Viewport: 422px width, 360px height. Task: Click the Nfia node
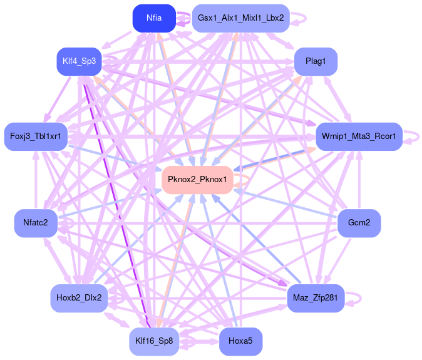click(x=153, y=18)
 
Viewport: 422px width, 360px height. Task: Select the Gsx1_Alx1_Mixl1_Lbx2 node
click(x=240, y=18)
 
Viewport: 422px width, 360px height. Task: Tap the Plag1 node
click(x=316, y=61)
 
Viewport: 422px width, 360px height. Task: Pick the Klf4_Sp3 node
click(x=79, y=61)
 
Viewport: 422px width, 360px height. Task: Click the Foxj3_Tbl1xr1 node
click(x=36, y=136)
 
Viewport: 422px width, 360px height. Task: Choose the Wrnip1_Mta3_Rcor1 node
click(x=359, y=136)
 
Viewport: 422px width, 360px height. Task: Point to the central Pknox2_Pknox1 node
click(x=197, y=180)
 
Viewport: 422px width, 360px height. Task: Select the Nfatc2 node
click(x=36, y=223)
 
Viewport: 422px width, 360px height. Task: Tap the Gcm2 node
click(x=359, y=223)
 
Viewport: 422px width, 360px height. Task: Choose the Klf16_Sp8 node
click(x=153, y=342)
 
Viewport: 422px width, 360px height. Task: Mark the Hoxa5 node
click(x=240, y=342)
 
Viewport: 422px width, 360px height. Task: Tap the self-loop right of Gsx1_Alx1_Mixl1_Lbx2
click(x=302, y=18)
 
